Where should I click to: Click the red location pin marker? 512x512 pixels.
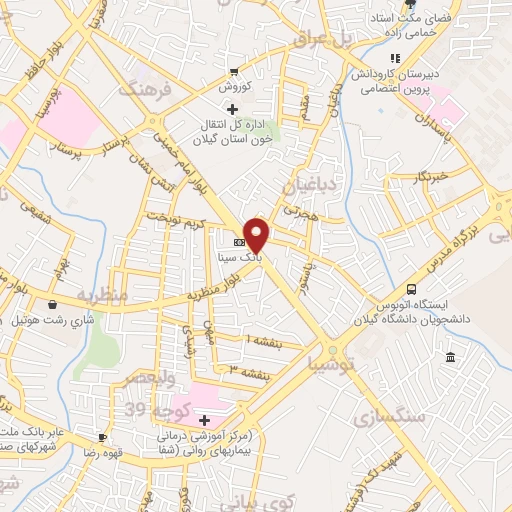click(x=258, y=234)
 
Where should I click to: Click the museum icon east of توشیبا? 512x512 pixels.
click(x=450, y=358)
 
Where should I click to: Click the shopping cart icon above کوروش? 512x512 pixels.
click(x=233, y=72)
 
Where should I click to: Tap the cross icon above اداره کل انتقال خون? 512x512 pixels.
click(x=232, y=108)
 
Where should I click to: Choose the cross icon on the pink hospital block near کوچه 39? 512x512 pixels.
click(x=205, y=420)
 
